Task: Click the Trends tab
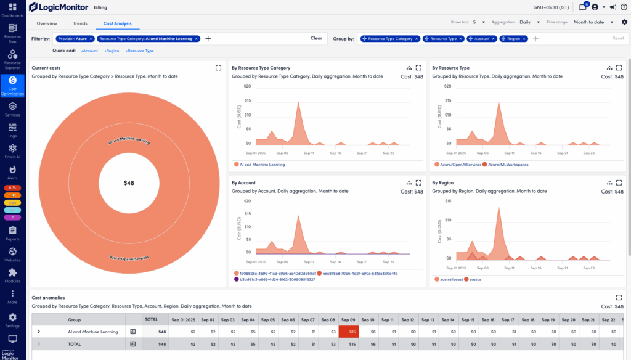pos(80,23)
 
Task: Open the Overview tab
pos(47,23)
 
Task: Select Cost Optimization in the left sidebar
pos(12,86)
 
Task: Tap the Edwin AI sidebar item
pos(12,151)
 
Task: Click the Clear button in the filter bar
pos(316,38)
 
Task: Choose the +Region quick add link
pos(112,51)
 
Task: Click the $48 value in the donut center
pos(129,183)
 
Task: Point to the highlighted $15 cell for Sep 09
pos(348,332)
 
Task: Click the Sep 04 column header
pos(248,320)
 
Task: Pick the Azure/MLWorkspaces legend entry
pos(507,165)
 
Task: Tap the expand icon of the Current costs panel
pos(218,68)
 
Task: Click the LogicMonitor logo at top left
pos(59,7)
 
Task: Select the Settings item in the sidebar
pos(12,320)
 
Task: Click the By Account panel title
pos(243,183)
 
